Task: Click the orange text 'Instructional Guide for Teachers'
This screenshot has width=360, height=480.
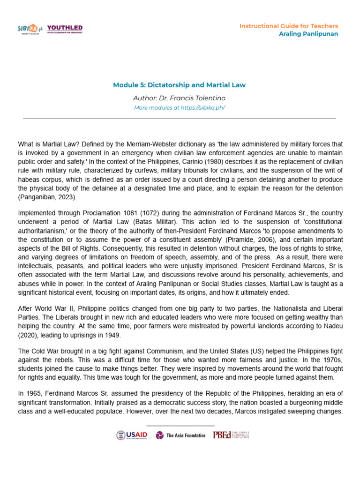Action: coord(288,26)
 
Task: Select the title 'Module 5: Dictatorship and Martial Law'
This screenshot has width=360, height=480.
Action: coord(180,85)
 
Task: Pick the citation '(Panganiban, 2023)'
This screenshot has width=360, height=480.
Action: coord(46,197)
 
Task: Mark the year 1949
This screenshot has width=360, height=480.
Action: coord(127,335)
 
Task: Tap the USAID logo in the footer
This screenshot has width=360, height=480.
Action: coord(132,435)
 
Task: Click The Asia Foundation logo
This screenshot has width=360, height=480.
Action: coord(180,435)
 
